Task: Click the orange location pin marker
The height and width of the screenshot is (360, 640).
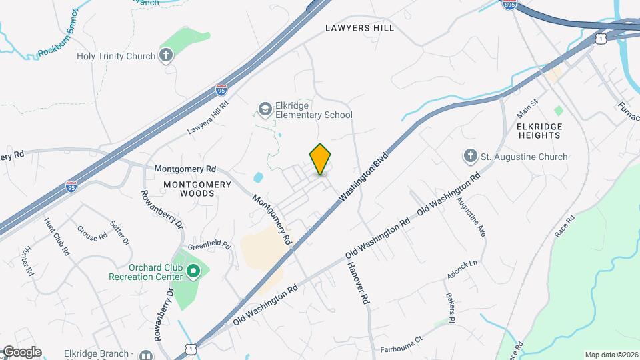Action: (320, 159)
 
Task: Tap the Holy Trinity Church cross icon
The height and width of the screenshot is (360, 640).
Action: (167, 57)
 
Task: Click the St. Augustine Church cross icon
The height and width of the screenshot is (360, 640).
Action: (471, 157)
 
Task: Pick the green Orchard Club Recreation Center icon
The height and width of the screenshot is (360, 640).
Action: (193, 271)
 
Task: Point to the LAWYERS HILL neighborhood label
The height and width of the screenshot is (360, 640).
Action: (360, 28)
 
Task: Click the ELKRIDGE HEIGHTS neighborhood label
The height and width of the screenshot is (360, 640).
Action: (539, 131)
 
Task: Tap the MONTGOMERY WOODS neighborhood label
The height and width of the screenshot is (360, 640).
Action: (189, 189)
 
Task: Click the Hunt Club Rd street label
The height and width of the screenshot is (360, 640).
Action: (57, 237)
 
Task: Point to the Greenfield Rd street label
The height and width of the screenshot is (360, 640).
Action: (208, 245)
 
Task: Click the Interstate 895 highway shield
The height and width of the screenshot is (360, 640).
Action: (509, 5)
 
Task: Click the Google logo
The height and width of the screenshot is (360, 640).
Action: (21, 352)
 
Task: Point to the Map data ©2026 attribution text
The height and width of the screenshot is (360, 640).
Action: (611, 355)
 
